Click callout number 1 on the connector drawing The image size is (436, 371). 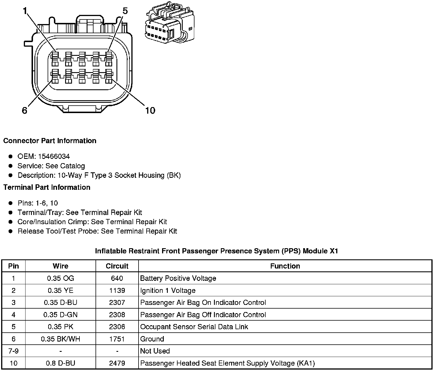[25, 11]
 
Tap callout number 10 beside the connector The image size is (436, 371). [150, 110]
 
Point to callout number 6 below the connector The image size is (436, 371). [25, 110]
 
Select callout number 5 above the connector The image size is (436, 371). [125, 11]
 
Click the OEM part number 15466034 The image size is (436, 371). [54, 156]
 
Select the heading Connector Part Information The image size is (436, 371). [50, 141]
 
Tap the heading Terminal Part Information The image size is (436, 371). [47, 188]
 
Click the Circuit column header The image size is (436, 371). [117, 266]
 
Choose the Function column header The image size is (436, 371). [285, 266]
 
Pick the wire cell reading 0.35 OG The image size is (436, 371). [61, 278]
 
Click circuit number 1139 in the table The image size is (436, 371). [117, 291]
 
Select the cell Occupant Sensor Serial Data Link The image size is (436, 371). [194, 327]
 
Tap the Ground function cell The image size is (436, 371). [152, 339]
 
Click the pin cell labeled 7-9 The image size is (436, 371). [13, 351]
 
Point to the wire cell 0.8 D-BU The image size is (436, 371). [61, 363]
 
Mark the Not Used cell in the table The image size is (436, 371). [155, 351]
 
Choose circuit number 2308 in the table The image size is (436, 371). [117, 315]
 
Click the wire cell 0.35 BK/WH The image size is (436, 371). [61, 339]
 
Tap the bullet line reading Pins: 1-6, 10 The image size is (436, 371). [38, 203]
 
